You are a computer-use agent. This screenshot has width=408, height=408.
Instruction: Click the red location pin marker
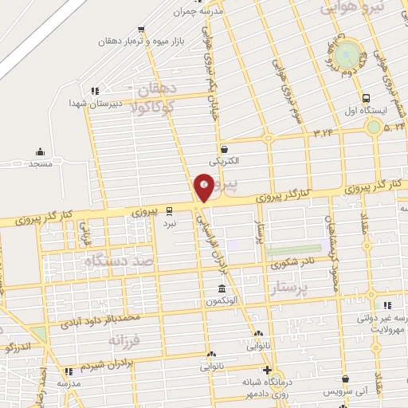(204, 188)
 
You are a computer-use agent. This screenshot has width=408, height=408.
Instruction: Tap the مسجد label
(40, 163)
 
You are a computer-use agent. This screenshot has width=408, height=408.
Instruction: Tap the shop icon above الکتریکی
(225, 148)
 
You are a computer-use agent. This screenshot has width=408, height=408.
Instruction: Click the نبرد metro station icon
(170, 210)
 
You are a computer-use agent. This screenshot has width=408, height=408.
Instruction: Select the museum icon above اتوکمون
(222, 288)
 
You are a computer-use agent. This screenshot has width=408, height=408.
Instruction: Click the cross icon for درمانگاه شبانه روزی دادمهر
(267, 370)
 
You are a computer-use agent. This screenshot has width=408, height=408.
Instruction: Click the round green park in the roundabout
(347, 56)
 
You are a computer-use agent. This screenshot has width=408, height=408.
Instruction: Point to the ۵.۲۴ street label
(393, 127)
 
